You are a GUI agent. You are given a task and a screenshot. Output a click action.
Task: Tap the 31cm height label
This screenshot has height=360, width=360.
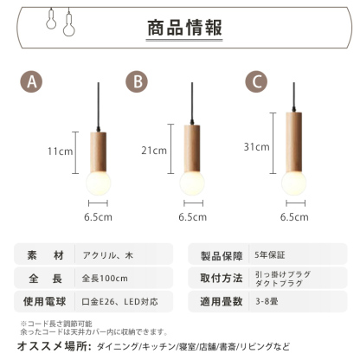tap(257, 147)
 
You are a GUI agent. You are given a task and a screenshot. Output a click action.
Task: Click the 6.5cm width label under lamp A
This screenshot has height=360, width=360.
tap(99, 217)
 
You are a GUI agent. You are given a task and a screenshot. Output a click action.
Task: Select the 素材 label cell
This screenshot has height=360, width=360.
tap(46, 255)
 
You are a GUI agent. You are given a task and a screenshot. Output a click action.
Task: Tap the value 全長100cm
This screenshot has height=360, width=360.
tap(107, 279)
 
